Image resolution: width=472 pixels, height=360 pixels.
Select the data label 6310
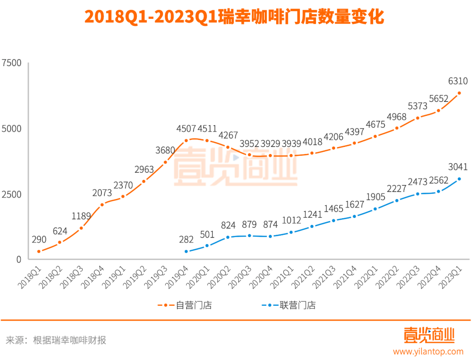458,81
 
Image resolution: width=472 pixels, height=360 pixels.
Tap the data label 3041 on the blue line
458,167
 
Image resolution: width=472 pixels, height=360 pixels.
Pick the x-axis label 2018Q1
30,277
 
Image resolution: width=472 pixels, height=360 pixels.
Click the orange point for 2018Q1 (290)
39,252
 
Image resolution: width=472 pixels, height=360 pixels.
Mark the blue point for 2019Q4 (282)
186,252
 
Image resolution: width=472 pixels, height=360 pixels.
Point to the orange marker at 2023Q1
459,93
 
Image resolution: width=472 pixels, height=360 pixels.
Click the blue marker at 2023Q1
459,179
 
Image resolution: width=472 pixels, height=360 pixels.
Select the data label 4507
186,129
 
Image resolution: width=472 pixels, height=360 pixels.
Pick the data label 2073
102,192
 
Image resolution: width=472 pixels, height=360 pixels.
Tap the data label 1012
292,220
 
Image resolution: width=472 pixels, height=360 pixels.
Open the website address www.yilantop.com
428,351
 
